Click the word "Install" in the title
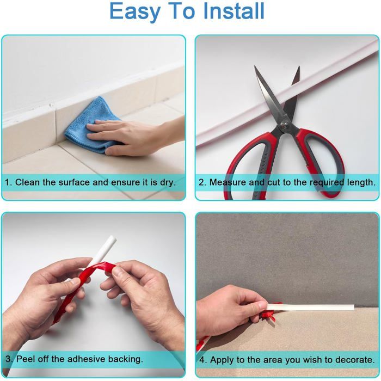click(233, 11)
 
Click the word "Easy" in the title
click(135, 12)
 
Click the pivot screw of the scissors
click(284, 125)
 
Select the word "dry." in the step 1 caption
click(168, 183)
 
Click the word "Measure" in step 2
click(228, 182)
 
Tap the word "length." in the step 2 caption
click(361, 182)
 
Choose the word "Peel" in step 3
click(25, 359)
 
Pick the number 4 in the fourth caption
click(202, 360)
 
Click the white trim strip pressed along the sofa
click(310, 307)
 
